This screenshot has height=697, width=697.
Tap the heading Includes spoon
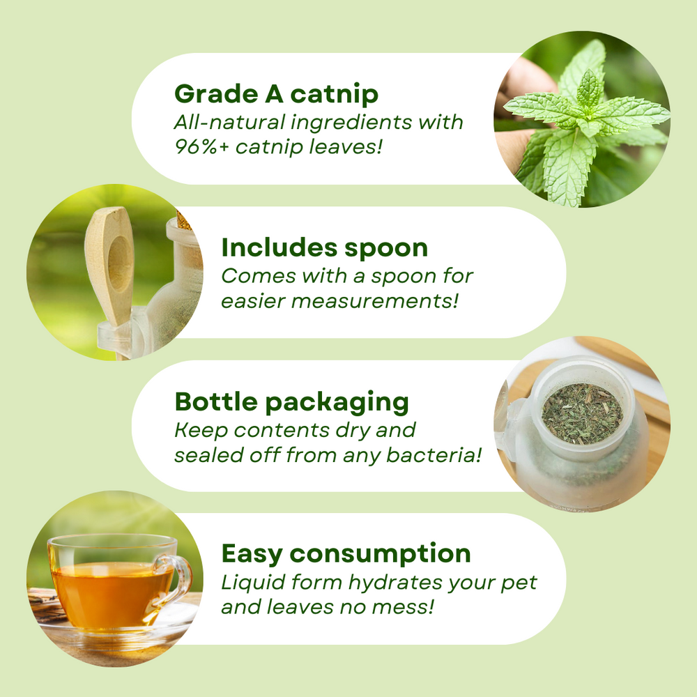tap(325, 247)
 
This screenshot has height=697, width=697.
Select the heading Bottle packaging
tap(291, 401)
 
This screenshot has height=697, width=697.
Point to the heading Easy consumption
tap(346, 554)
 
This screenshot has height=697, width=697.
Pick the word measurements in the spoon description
tap(369, 302)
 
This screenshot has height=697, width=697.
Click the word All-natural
tap(217, 122)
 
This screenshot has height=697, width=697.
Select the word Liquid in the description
tap(247, 582)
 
